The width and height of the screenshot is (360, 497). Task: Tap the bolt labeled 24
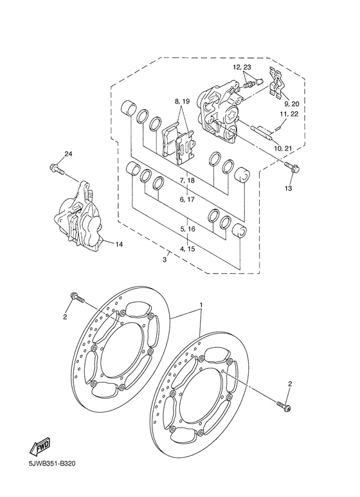tap(56, 169)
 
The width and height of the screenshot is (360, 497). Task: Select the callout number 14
tap(118, 244)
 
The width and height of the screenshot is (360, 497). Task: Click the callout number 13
tap(288, 189)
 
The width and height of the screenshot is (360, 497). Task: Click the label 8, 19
tap(181, 102)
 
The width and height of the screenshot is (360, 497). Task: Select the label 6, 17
tap(187, 200)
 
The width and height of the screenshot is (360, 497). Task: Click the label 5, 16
tap(187, 229)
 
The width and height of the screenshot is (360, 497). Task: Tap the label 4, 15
tap(187, 248)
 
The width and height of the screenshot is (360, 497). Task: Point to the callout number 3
tap(165, 259)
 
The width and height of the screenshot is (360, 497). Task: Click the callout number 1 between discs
tap(201, 304)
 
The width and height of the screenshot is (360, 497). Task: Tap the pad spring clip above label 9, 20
tap(280, 82)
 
